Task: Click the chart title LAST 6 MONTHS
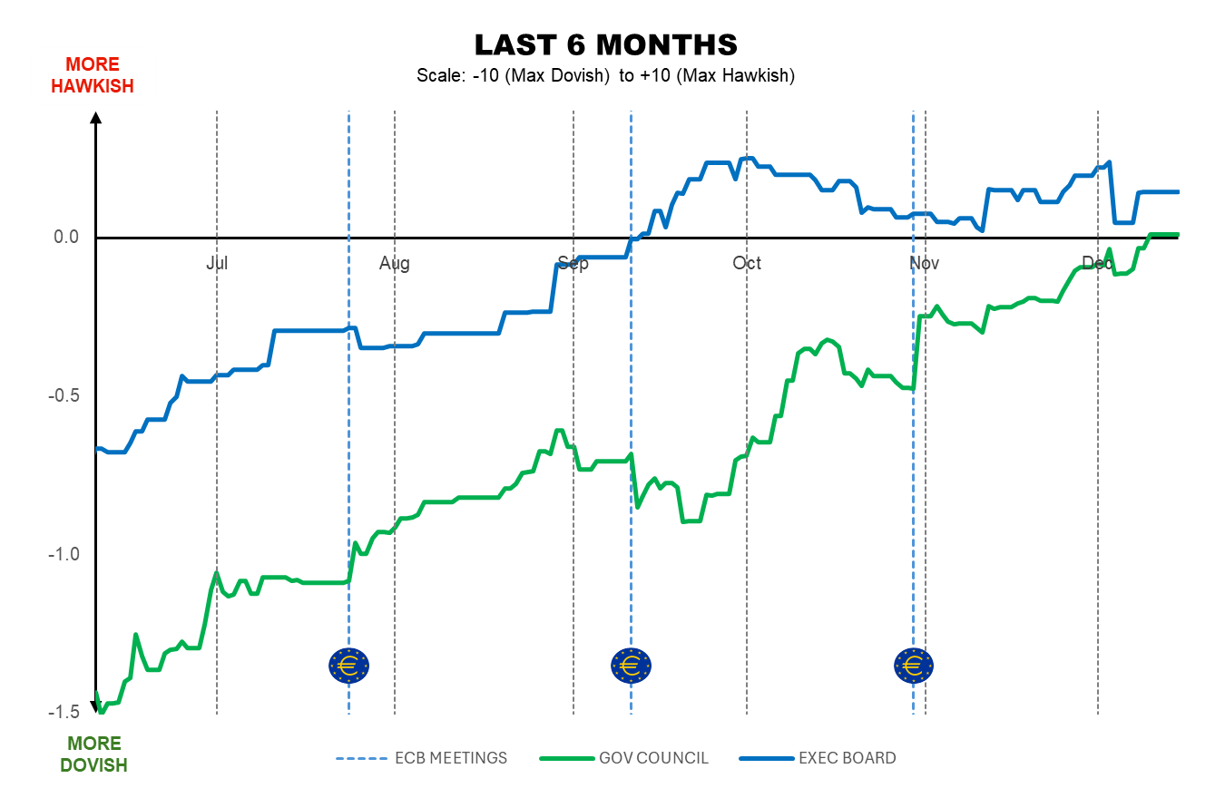[605, 44]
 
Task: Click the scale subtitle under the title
[605, 75]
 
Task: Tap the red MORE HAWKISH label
[93, 75]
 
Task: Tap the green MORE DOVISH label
[93, 754]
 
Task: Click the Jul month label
[217, 263]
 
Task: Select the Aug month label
[395, 263]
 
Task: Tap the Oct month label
[747, 263]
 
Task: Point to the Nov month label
[925, 263]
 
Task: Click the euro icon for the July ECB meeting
[348, 666]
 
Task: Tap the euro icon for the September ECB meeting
[631, 666]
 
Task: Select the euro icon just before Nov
[914, 666]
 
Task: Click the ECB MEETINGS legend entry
[422, 758]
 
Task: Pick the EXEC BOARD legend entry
[818, 758]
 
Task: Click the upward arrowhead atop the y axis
[96, 116]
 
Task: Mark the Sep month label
[573, 263]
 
